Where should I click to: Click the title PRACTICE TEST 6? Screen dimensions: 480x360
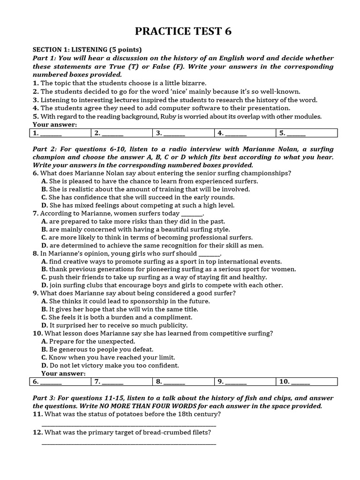pos(183,31)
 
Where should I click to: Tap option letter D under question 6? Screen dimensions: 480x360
pos(44,205)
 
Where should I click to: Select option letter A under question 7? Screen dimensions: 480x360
pos(44,221)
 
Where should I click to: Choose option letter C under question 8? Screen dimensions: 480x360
pos(44,277)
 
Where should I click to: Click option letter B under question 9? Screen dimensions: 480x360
pos(44,309)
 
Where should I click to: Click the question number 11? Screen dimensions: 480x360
pos(37,414)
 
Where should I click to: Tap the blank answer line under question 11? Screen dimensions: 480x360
pos(129,425)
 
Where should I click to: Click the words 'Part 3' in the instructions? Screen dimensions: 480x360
pos(43,398)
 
